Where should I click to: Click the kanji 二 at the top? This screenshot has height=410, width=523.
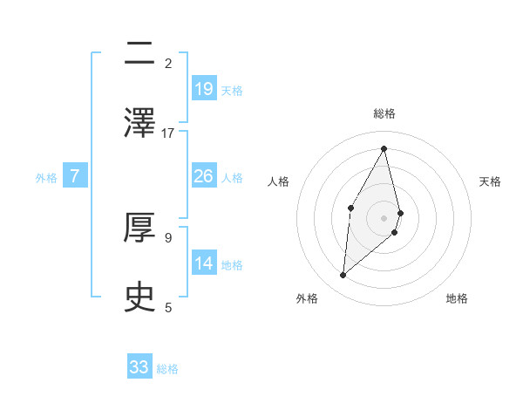(x=139, y=54)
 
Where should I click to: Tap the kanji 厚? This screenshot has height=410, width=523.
(x=139, y=229)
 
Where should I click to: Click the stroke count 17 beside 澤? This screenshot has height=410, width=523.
(x=168, y=133)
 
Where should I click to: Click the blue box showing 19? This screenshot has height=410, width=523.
(x=204, y=89)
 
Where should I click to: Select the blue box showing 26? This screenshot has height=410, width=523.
(x=204, y=176)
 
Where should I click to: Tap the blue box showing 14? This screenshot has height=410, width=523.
(x=204, y=263)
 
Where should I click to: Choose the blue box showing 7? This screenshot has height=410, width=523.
(x=75, y=176)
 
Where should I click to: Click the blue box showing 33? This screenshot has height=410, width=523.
(x=139, y=367)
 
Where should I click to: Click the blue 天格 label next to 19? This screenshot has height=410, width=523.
(x=232, y=91)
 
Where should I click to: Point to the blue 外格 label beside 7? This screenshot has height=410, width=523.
(x=46, y=178)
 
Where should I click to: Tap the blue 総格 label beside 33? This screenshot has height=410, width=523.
(x=167, y=369)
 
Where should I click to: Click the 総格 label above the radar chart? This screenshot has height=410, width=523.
(x=384, y=113)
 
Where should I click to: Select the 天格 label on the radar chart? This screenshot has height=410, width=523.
(x=491, y=181)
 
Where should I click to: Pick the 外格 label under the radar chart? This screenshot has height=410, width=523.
(x=307, y=299)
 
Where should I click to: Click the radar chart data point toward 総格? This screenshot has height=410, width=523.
(x=384, y=147)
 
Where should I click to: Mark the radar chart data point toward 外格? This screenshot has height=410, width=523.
(x=343, y=276)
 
